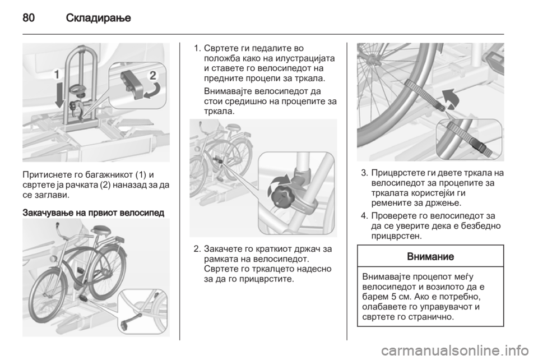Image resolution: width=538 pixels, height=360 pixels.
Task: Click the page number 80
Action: click(x=29, y=17)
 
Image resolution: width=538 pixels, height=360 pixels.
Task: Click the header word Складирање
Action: click(x=99, y=17)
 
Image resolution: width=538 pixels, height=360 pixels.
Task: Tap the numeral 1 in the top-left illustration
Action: click(x=57, y=75)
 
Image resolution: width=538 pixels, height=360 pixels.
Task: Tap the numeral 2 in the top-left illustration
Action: click(x=152, y=75)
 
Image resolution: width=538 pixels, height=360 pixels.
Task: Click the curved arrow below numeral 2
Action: click(x=152, y=91)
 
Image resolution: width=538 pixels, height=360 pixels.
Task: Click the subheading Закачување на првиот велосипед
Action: click(x=94, y=213)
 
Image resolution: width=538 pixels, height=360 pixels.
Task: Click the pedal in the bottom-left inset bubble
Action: click(x=131, y=319)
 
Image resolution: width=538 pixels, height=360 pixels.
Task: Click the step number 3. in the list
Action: click(x=364, y=173)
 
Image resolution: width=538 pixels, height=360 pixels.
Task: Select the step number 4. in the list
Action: click(x=364, y=216)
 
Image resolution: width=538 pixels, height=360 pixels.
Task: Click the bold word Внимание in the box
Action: click(x=430, y=256)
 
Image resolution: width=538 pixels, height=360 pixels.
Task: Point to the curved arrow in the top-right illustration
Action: click(x=451, y=99)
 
